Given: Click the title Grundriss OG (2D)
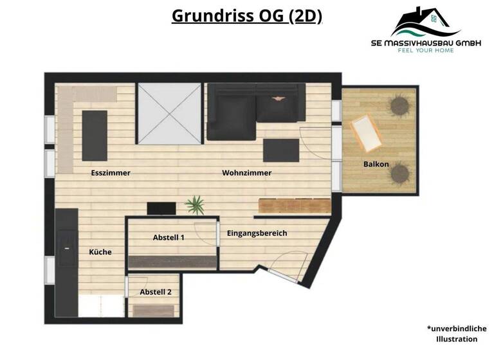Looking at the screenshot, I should [247, 15].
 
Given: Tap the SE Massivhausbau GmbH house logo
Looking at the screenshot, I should [425, 22].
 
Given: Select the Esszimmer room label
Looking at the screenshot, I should [111, 173].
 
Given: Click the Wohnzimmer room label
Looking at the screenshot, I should [247, 173].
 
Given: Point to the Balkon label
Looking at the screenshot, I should [376, 164].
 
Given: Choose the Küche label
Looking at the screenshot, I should [100, 252].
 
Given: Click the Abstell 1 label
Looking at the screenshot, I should [169, 237].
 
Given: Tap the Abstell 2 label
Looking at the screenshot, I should [156, 292].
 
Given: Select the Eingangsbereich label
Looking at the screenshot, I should [257, 233].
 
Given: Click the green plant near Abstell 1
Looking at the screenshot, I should [194, 206].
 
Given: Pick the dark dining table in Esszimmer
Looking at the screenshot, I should [95, 135].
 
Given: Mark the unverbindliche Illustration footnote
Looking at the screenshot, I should [457, 333].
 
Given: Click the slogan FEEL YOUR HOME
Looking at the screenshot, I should [425, 50].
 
